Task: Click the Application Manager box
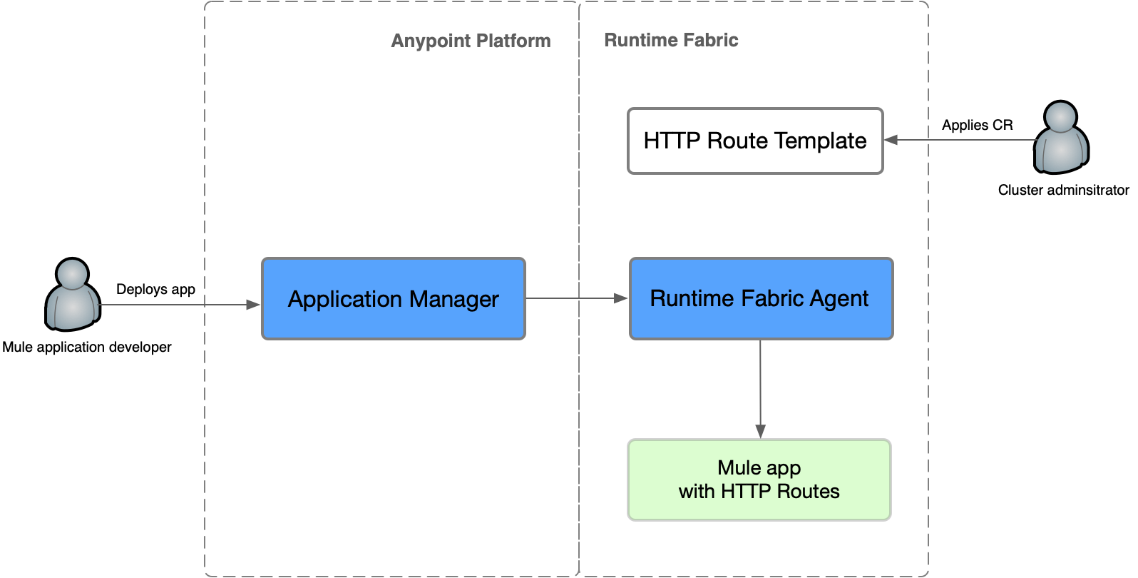(x=393, y=299)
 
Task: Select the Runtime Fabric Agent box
(x=761, y=299)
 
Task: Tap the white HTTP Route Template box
(x=755, y=141)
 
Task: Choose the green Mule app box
(x=759, y=480)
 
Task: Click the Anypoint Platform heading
(x=471, y=41)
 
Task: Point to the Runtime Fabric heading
(x=671, y=40)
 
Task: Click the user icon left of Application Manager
(x=72, y=296)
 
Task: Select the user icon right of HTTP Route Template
(x=1060, y=138)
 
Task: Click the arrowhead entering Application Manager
(x=255, y=305)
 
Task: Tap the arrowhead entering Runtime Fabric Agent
(x=622, y=298)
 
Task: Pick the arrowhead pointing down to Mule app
(x=760, y=431)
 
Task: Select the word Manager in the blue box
(x=453, y=300)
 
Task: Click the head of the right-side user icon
(x=1060, y=118)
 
